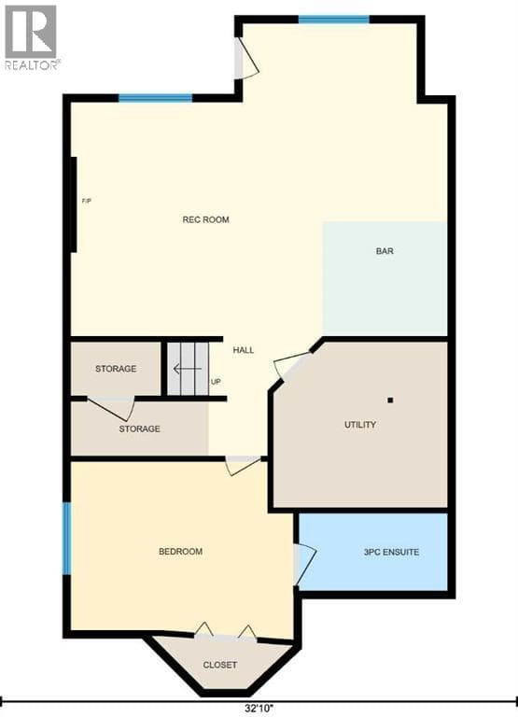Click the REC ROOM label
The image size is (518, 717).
[x=205, y=219]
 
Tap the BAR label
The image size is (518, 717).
[x=385, y=251]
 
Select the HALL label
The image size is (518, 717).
[x=244, y=350]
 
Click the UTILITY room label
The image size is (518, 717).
[x=360, y=425]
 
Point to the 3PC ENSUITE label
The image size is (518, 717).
[x=391, y=552]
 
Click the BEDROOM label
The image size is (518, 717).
[x=180, y=552]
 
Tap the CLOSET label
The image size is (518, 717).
[x=220, y=665]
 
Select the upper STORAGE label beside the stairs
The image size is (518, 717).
[x=116, y=369]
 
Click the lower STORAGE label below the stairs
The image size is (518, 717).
[x=139, y=429]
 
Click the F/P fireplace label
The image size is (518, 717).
[x=87, y=201]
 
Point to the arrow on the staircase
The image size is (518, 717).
[x=187, y=369]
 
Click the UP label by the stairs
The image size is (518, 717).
[x=216, y=382]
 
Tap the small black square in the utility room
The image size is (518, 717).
[x=390, y=401]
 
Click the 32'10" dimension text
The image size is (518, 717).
[x=259, y=708]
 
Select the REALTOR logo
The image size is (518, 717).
[x=32, y=38]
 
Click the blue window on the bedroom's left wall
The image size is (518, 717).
[x=67, y=539]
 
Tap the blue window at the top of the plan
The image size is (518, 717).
[x=334, y=20]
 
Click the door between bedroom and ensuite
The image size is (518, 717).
[x=304, y=565]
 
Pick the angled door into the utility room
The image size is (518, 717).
[x=293, y=365]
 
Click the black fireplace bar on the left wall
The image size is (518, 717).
[x=73, y=204]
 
